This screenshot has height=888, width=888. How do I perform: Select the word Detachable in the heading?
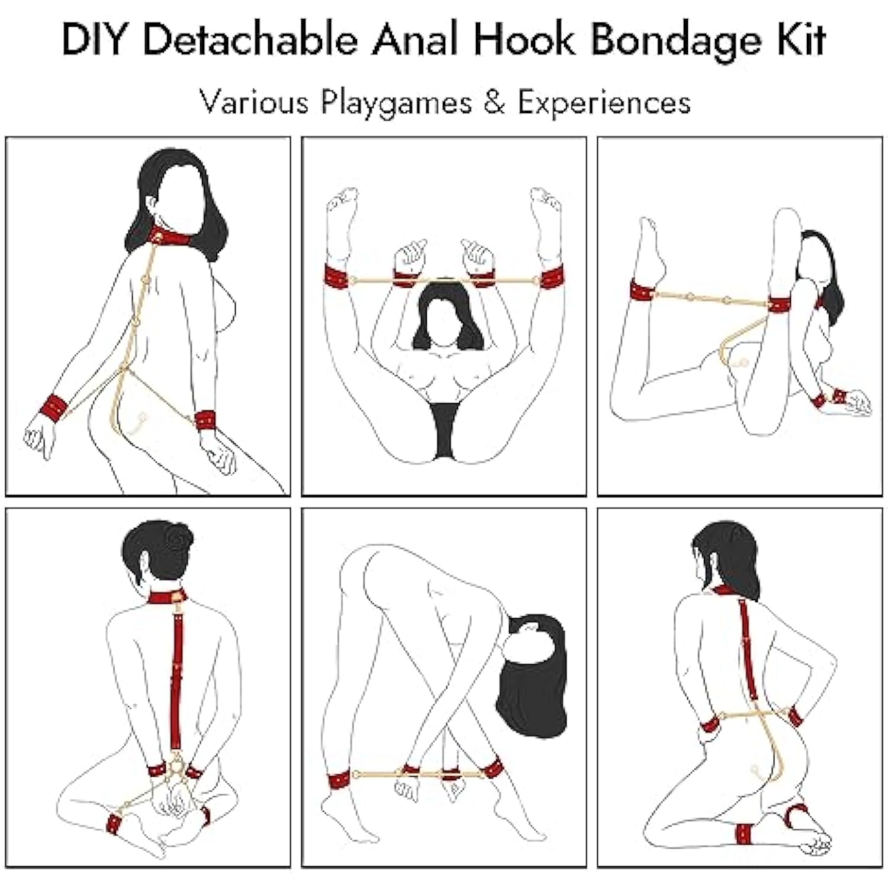pos(250,40)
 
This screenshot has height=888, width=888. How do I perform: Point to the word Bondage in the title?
pos(675,41)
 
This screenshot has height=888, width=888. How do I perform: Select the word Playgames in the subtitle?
pos(396,104)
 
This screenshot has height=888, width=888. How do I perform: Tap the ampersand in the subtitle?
pos(494,102)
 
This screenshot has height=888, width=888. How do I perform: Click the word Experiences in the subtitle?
pos(604,104)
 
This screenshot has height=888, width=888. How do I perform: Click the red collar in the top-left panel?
pos(170,237)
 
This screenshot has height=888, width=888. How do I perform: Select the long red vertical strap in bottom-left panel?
pos(176,681)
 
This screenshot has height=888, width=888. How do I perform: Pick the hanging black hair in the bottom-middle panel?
pos(532,675)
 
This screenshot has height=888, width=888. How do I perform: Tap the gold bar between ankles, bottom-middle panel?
pos(418,774)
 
